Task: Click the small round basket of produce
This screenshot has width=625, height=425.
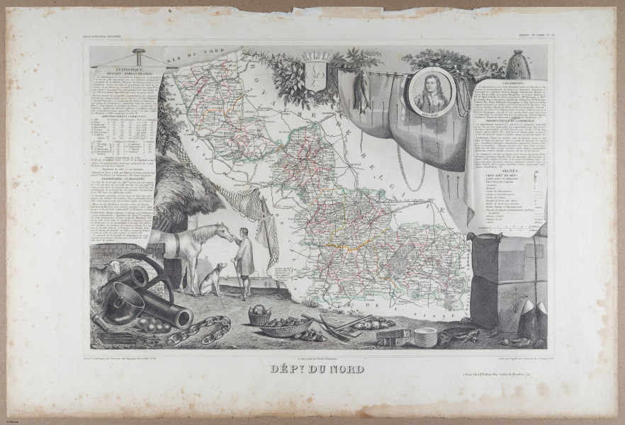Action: (260, 315)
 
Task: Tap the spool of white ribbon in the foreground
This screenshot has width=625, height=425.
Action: (425, 337)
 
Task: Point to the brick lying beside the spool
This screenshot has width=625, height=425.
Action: (394, 337)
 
